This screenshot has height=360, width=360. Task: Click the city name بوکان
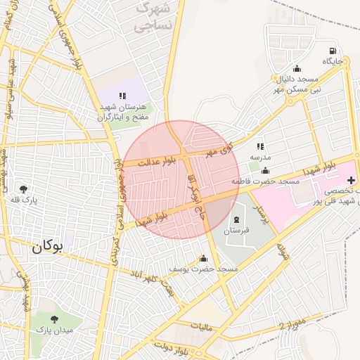(x=47, y=247)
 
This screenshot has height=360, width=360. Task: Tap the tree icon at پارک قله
(x=24, y=189)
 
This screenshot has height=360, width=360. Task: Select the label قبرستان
(x=236, y=231)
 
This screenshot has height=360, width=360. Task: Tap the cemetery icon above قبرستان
(x=236, y=220)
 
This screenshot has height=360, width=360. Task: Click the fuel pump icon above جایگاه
(x=333, y=51)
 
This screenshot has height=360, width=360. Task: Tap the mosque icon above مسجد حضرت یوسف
(x=204, y=258)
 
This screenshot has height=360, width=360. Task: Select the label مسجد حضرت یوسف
(x=205, y=269)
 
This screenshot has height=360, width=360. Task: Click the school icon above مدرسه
(x=260, y=146)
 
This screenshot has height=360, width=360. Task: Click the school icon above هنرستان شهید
(x=122, y=95)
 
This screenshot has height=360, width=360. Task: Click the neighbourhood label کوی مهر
(x=219, y=149)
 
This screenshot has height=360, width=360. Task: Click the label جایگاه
(x=333, y=61)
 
